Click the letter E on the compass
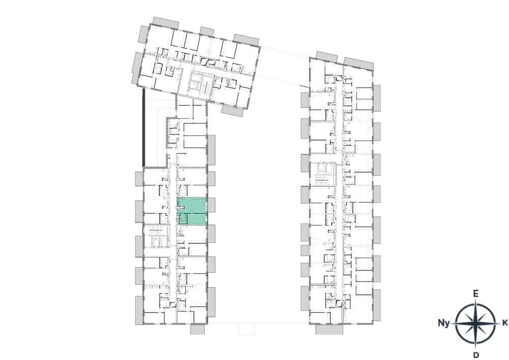[475, 294]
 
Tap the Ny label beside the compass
[443, 323]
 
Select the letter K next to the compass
[505, 323]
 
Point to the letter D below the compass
[476, 355]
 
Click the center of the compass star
[475, 323]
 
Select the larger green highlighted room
[192, 205]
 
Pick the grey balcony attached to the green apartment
[211, 205]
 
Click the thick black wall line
[144, 128]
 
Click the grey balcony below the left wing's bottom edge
[197, 329]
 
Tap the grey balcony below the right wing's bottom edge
[329, 329]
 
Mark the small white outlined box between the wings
[247, 329]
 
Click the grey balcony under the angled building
[233, 112]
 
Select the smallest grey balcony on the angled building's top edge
[207, 32]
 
